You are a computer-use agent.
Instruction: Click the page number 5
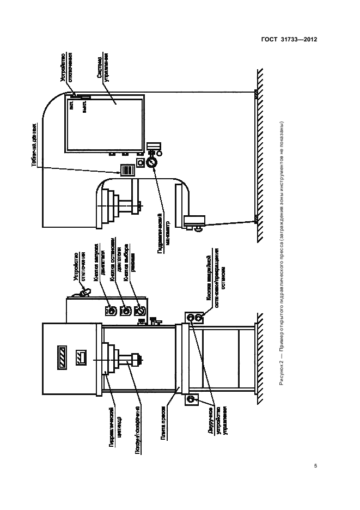pyautogui.click(x=316, y=466)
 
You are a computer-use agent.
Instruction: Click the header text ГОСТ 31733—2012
pyautogui.click(x=289, y=40)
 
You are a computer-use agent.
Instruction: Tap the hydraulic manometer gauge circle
pyautogui.click(x=152, y=162)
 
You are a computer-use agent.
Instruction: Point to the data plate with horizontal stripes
pyautogui.click(x=126, y=171)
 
